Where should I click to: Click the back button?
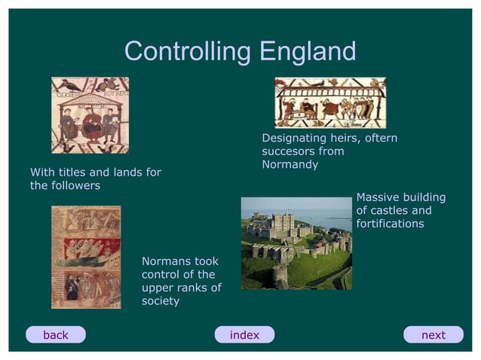point(56,335)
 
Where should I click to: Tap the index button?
point(244,335)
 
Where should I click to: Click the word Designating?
point(294,139)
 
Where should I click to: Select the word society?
point(161,301)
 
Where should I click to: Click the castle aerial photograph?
point(296,243)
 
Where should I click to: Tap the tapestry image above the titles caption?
point(90,115)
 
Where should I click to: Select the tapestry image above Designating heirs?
point(329,102)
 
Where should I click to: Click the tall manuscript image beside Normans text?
point(85,257)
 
